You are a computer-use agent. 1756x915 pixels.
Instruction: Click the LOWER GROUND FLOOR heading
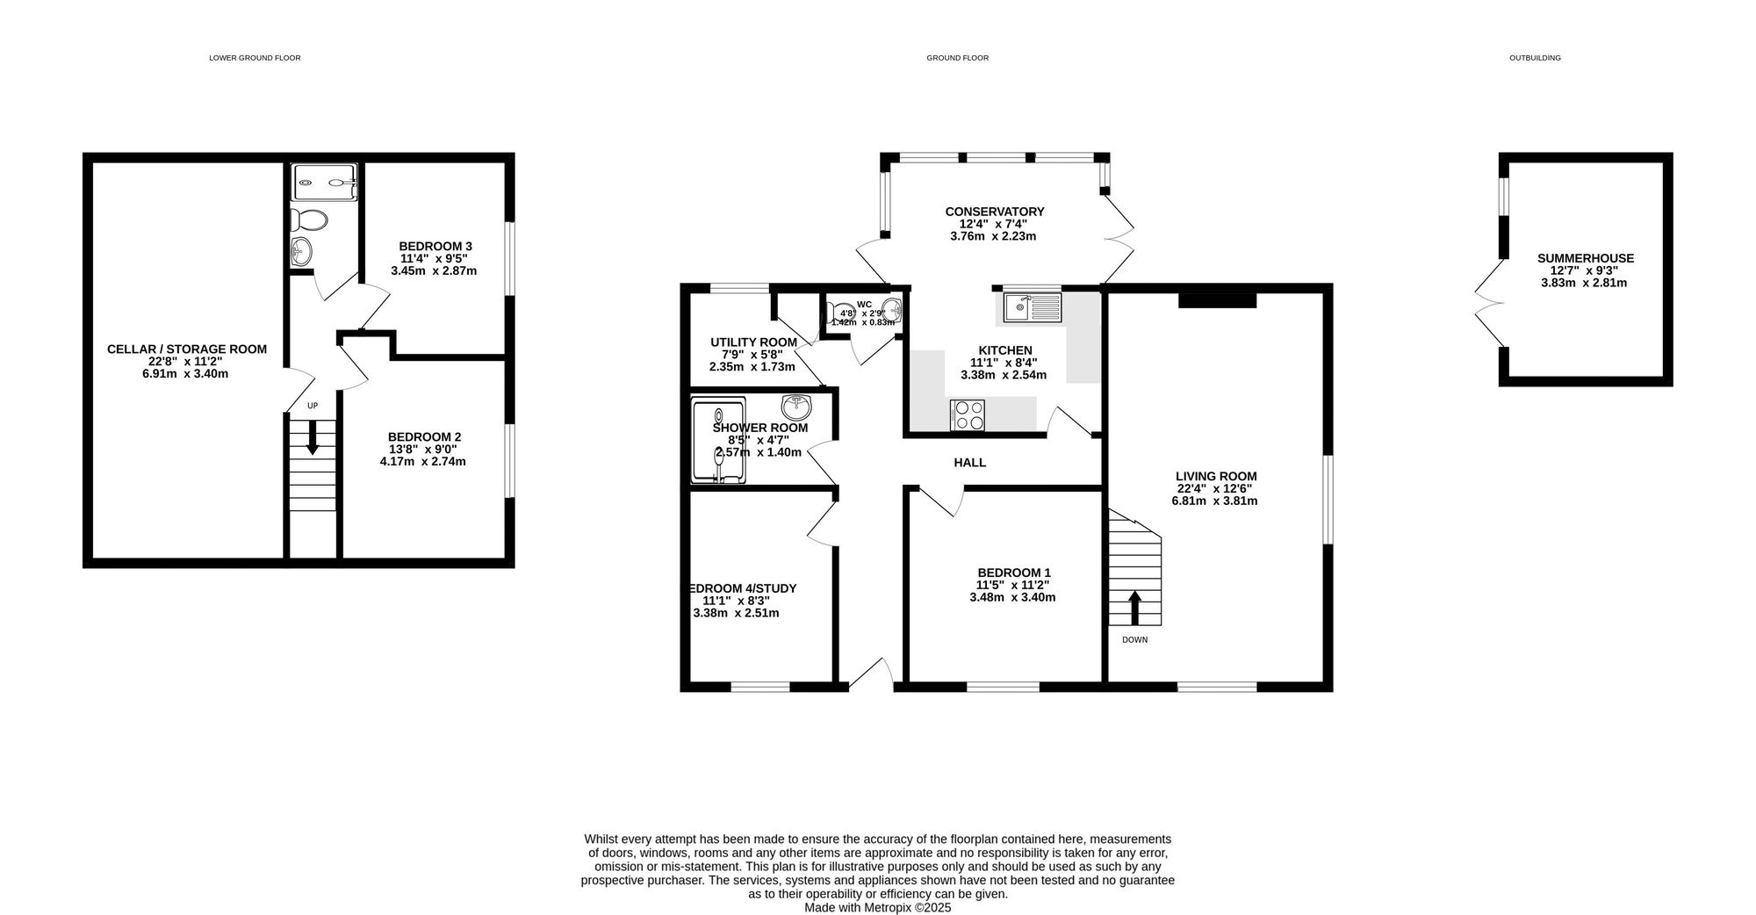(255, 58)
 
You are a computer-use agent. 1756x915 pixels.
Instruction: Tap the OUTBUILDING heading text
(1535, 58)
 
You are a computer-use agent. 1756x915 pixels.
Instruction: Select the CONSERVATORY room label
(994, 212)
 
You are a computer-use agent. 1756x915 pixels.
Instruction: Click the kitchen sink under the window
(1033, 306)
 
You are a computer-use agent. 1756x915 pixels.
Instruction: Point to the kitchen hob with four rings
(967, 414)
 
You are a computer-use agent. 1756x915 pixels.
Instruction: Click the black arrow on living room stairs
(1134, 607)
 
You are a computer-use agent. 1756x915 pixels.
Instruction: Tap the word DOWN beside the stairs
(1134, 640)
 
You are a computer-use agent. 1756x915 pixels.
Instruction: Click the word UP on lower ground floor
(312, 406)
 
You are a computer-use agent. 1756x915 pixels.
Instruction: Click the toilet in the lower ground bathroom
(310, 219)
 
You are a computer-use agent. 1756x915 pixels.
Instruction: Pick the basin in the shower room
(797, 407)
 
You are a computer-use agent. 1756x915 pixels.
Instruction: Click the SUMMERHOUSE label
(1585, 258)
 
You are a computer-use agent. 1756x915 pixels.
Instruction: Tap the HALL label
(969, 463)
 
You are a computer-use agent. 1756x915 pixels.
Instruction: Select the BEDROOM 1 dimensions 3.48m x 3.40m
(1011, 597)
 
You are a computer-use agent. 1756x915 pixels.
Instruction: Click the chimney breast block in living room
(1217, 301)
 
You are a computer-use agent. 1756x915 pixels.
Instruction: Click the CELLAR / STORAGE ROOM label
(186, 349)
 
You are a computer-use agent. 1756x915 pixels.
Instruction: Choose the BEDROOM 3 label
(435, 246)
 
